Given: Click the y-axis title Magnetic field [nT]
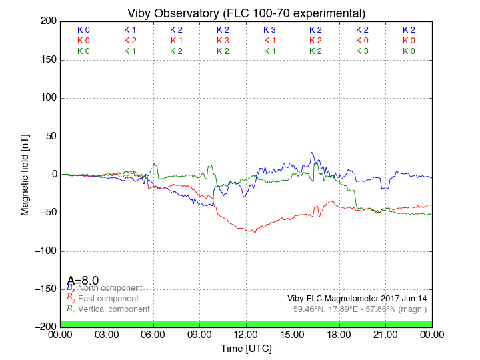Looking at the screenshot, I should (x=25, y=173).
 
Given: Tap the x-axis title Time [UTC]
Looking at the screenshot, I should (x=246, y=348).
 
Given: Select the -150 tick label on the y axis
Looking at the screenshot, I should (x=45, y=289).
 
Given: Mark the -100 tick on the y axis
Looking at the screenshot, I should (x=45, y=251).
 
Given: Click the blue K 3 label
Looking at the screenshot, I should (x=269, y=30).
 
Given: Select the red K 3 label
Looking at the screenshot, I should (x=223, y=41).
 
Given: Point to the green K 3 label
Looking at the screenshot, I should (x=362, y=51).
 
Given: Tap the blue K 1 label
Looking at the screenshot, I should (x=130, y=30).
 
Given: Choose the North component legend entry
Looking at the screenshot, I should (x=109, y=288).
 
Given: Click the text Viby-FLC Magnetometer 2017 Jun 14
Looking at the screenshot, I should (x=357, y=299).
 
